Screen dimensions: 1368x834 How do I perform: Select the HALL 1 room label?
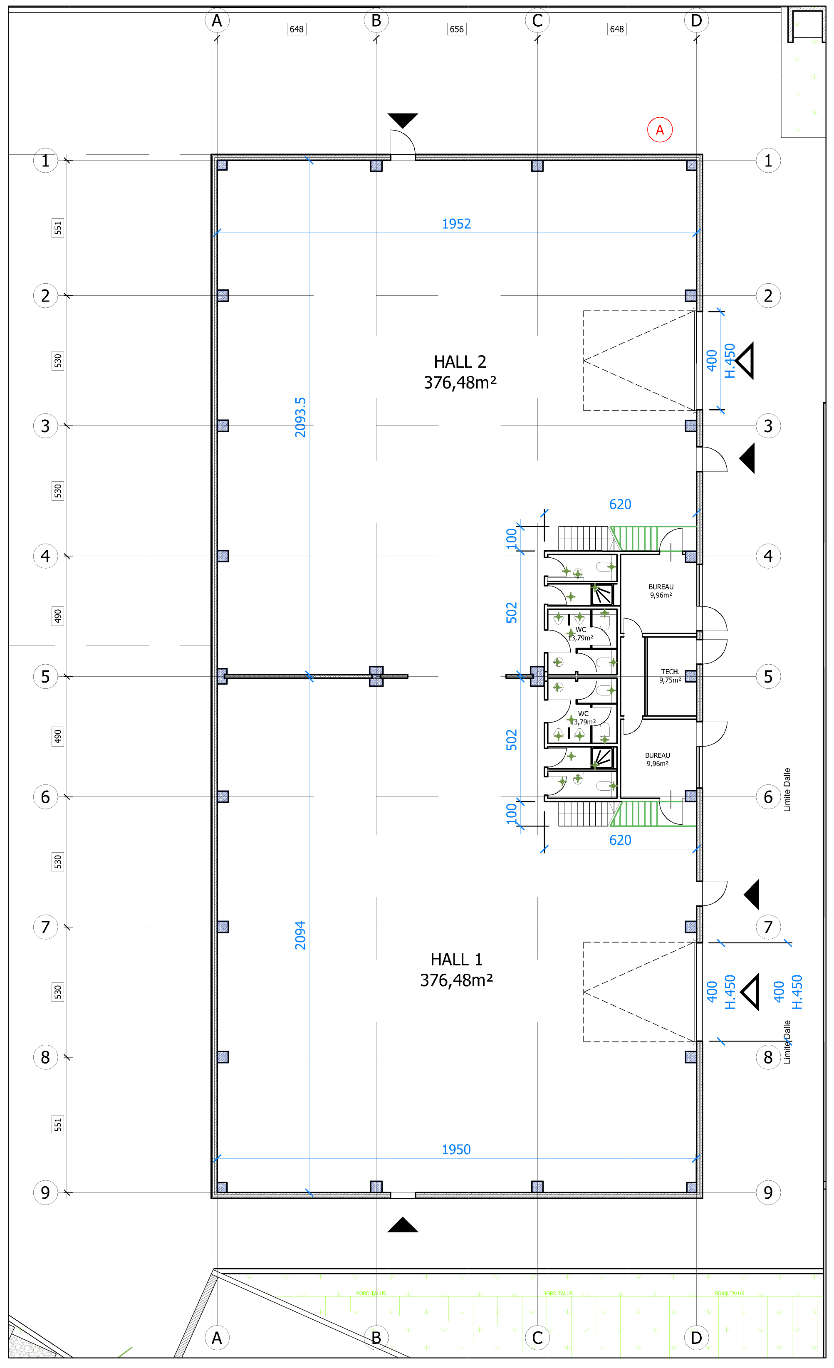456,970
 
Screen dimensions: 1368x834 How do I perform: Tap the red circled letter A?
660,130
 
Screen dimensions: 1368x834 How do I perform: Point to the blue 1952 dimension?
456,224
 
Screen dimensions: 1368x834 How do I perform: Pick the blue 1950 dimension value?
456,1149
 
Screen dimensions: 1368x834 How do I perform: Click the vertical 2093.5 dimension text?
300,418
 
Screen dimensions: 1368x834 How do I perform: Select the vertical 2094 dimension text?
300,935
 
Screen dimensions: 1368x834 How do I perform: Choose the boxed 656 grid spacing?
456,29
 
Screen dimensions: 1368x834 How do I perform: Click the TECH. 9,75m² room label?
670,675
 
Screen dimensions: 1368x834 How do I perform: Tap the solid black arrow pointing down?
403,120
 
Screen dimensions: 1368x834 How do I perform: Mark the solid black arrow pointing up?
403,1225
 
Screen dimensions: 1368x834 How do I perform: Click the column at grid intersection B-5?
376,676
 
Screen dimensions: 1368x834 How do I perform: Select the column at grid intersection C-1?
537,166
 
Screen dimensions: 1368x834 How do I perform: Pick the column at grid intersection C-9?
537,1187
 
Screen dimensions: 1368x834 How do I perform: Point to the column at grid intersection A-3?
223,426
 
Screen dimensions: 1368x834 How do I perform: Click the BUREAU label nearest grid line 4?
661,591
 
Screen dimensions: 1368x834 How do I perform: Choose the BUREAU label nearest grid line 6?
658,759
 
